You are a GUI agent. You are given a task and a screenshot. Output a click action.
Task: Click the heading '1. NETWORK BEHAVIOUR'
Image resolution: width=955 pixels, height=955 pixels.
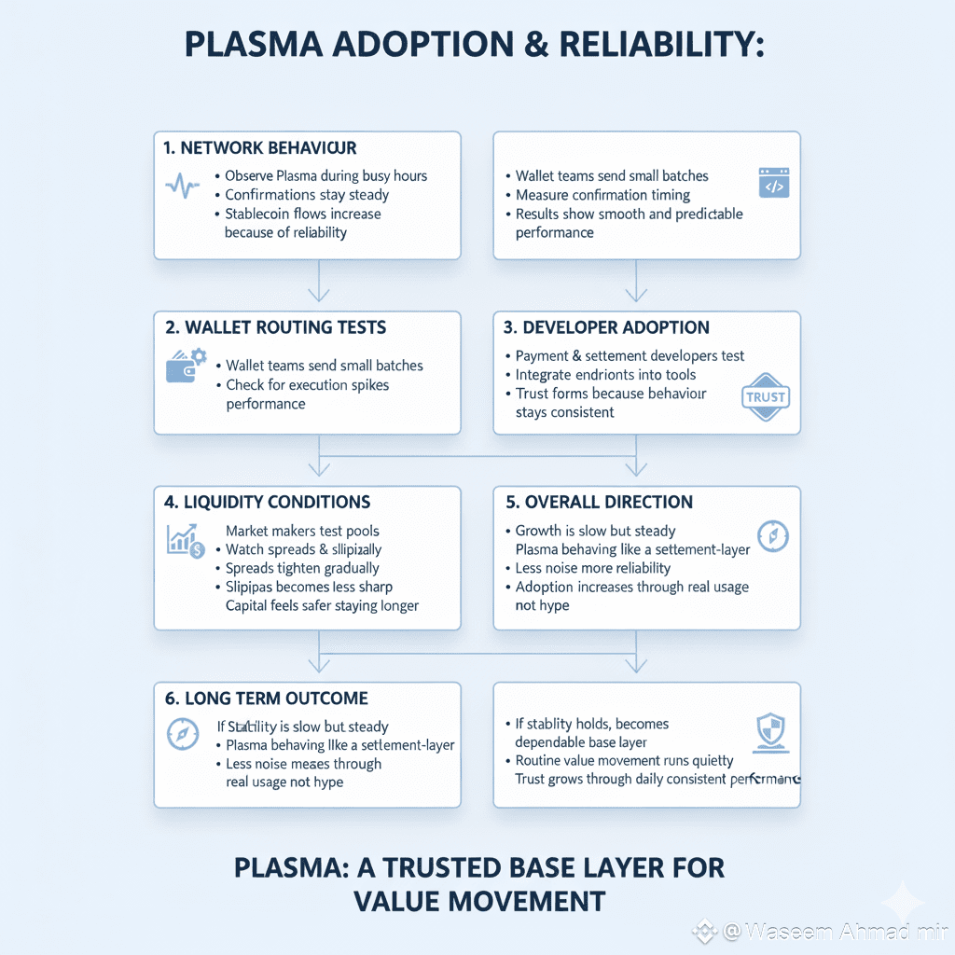(259, 148)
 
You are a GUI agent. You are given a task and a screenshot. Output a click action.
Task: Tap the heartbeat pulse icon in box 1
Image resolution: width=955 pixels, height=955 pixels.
(182, 185)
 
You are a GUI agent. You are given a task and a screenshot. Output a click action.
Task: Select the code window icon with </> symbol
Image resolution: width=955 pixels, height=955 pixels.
(773, 183)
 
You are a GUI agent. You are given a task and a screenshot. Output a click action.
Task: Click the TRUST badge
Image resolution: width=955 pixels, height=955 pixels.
(765, 396)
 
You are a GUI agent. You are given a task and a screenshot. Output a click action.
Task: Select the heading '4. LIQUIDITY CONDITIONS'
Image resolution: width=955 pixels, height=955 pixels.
(267, 502)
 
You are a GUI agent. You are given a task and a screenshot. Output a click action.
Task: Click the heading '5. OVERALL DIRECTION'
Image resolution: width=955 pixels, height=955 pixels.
(599, 502)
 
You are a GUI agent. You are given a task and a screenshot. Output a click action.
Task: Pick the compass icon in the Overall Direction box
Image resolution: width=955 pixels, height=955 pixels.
(773, 535)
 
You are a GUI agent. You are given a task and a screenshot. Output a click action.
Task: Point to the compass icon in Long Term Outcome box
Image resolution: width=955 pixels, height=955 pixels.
(182, 734)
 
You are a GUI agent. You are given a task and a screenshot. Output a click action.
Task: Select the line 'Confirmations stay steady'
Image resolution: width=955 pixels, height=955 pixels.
(307, 195)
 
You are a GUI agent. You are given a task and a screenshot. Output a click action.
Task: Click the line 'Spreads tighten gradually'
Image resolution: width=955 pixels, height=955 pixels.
(302, 568)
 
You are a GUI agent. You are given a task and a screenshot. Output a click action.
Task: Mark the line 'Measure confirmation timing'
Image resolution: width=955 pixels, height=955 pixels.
(602, 195)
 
